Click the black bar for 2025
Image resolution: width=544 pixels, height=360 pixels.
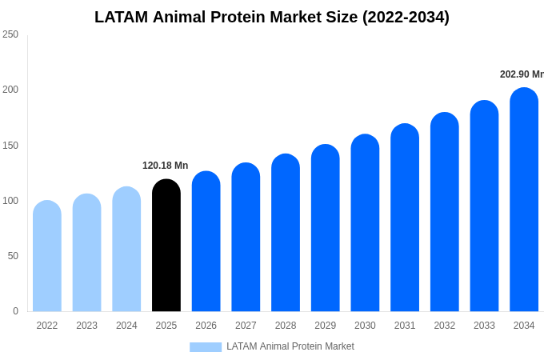click(166, 246)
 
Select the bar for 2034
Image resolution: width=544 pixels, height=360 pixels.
click(524, 200)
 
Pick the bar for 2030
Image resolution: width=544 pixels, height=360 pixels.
click(365, 223)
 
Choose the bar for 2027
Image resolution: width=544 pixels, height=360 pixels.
click(246, 238)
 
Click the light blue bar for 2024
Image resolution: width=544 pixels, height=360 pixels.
click(126, 250)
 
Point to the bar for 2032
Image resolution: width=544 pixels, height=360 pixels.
click(445, 212)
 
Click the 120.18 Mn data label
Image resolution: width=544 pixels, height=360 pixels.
click(166, 166)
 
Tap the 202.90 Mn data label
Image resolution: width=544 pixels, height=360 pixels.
click(522, 74)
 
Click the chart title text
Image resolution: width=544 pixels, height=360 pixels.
click(272, 17)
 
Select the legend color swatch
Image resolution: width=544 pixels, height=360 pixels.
click(206, 346)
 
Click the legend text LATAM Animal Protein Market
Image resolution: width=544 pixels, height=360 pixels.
click(290, 346)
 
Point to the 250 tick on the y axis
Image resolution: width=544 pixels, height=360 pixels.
click(10, 34)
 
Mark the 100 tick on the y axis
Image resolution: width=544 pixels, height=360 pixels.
click(10, 201)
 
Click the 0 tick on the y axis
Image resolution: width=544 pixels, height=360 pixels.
click(15, 311)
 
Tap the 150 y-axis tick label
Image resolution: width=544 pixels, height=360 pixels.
click(10, 146)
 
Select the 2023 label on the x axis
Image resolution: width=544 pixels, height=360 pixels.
click(87, 326)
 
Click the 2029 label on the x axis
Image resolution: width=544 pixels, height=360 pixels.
click(326, 326)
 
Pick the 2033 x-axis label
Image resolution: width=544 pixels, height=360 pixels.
click(484, 326)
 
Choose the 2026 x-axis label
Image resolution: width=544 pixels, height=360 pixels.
click(206, 326)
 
